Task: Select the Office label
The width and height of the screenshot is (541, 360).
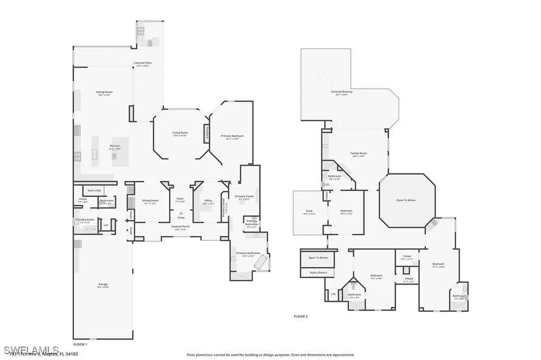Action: pyautogui.click(x=208, y=201)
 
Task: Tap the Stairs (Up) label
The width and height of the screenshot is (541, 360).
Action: pyautogui.click(x=95, y=190)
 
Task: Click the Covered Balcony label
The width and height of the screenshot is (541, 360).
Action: pyautogui.click(x=342, y=92)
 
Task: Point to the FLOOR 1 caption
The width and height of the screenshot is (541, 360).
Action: pyautogui.click(x=80, y=344)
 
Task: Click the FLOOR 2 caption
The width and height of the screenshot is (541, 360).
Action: pyautogui.click(x=301, y=316)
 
